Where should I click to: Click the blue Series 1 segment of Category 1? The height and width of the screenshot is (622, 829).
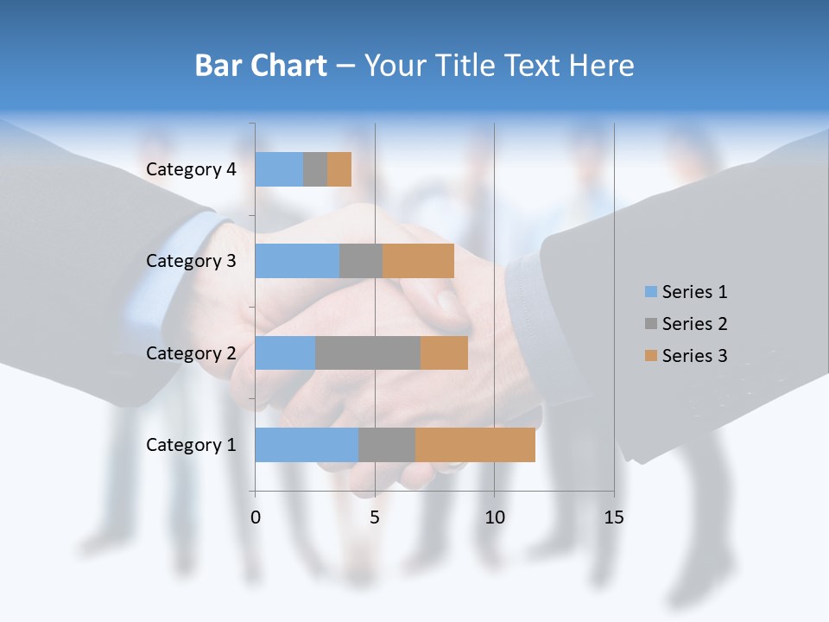point(307,445)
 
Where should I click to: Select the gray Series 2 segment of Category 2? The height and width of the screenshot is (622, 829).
point(368,352)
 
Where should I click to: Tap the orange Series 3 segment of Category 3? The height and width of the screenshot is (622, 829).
point(418,261)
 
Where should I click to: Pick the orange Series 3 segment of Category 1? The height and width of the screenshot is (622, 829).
point(475,445)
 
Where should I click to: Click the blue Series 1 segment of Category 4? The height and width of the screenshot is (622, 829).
point(279,169)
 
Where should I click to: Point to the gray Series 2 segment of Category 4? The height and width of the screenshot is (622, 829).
point(315,169)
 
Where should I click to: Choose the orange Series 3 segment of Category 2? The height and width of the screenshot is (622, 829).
point(444,352)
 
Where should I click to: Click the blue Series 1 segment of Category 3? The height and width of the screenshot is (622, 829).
point(297,261)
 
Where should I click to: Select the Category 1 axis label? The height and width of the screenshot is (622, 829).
point(191,445)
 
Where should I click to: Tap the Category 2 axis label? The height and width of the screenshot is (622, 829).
point(191,352)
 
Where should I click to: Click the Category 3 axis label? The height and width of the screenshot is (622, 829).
point(191,261)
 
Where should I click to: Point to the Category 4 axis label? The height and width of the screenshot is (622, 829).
point(191,169)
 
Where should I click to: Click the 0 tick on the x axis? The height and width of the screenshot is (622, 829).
point(256,517)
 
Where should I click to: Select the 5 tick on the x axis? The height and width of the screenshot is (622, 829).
point(375,517)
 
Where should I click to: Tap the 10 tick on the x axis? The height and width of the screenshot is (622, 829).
point(494,517)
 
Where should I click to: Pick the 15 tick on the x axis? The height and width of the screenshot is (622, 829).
point(614,517)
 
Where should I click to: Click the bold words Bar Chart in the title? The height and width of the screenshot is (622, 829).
point(261,66)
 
